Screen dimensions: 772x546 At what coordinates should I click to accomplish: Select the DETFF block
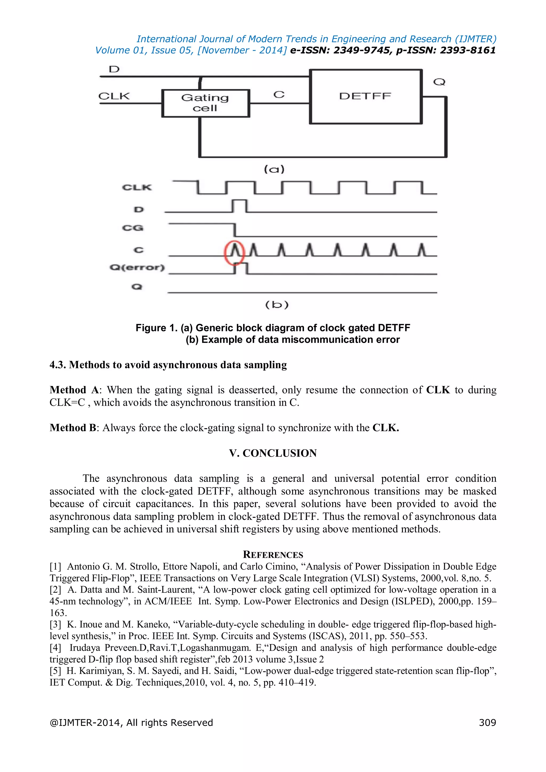[x=365, y=96]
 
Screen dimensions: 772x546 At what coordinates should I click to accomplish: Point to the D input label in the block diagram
[x=114, y=69]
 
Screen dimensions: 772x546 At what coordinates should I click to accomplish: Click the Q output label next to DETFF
[x=439, y=82]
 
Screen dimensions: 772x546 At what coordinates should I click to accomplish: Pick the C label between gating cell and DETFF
[x=279, y=95]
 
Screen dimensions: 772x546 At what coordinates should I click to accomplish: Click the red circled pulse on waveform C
[x=235, y=252]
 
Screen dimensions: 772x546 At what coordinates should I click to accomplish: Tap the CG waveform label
[x=133, y=228]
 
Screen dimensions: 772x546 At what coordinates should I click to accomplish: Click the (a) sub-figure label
[x=274, y=169]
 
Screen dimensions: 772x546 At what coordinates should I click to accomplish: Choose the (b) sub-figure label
[x=277, y=305]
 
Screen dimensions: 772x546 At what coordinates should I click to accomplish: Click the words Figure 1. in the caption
[x=156, y=328]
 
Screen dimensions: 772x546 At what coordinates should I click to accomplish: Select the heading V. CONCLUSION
[x=273, y=453]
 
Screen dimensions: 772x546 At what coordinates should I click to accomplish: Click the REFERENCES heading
[x=273, y=554]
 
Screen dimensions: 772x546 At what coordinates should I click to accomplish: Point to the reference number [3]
[x=55, y=624]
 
